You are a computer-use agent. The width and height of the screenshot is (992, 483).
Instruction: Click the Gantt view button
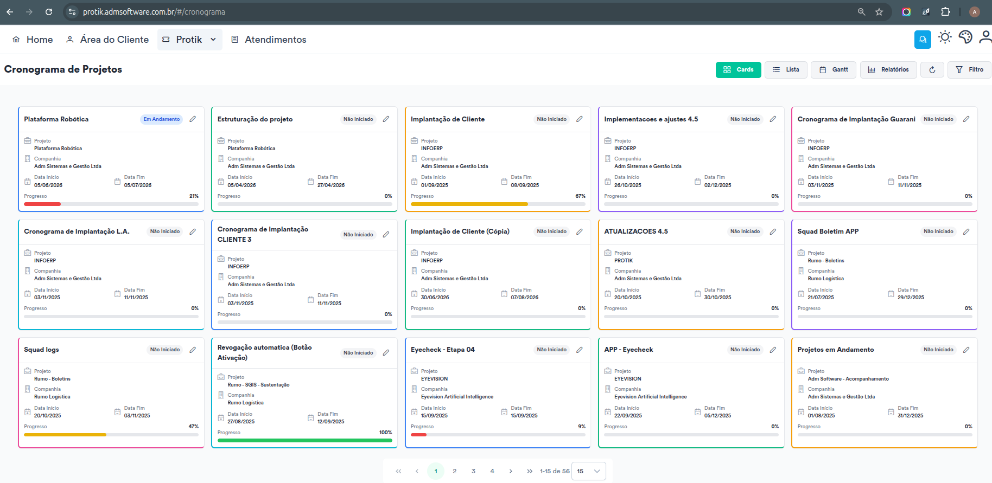(834, 70)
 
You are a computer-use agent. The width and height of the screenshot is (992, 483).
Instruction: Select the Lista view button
(786, 70)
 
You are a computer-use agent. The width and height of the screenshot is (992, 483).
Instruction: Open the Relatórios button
(888, 70)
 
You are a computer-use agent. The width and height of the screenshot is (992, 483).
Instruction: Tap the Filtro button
(969, 70)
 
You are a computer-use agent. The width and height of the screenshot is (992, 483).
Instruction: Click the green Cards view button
(739, 70)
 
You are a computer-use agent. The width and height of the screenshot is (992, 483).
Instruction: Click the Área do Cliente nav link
(107, 40)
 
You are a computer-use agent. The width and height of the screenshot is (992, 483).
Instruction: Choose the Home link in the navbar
(33, 40)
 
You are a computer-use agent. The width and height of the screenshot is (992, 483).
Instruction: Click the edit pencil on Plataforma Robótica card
(193, 119)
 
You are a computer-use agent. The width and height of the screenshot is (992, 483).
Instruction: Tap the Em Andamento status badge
(162, 119)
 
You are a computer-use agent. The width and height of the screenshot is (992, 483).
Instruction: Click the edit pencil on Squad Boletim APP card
(966, 231)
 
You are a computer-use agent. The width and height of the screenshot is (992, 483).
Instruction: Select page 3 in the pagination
(473, 471)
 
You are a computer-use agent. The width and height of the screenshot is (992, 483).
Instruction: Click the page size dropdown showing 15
(589, 471)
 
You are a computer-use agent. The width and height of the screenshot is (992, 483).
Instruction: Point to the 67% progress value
(581, 196)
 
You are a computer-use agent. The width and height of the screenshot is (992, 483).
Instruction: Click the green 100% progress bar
(305, 440)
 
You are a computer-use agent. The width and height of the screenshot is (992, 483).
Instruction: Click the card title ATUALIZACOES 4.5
(636, 231)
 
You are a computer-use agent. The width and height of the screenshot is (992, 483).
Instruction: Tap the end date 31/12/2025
(911, 416)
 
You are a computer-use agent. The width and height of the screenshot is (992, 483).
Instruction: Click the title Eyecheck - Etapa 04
(443, 350)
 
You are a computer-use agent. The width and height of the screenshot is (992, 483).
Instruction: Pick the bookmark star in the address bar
(879, 12)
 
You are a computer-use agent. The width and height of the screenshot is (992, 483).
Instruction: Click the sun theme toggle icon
(945, 37)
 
